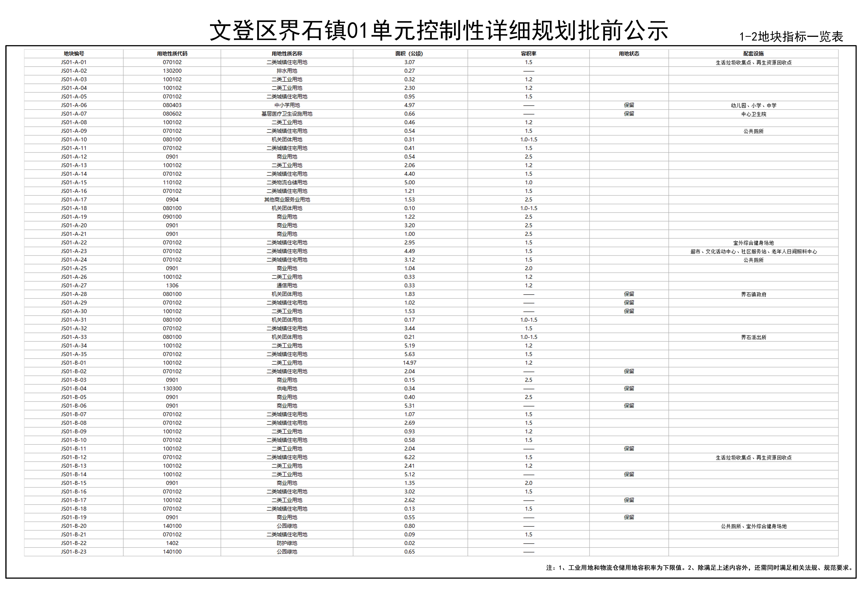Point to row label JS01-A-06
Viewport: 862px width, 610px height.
click(74, 105)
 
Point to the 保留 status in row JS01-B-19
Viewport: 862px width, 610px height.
click(629, 517)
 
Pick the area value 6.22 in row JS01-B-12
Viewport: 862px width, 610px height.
click(409, 457)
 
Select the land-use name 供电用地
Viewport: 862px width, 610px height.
click(287, 388)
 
